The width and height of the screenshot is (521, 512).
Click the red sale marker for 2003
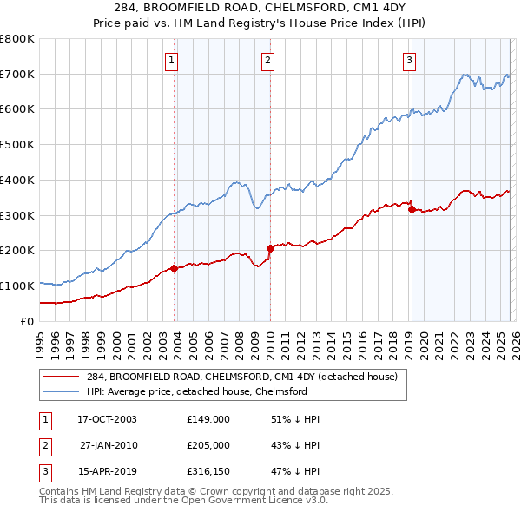point(175,268)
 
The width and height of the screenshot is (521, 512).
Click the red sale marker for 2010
point(270,248)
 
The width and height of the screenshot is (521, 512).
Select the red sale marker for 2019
point(411,208)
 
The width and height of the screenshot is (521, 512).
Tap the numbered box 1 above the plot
point(172,60)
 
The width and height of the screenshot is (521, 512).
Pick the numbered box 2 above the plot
point(267,60)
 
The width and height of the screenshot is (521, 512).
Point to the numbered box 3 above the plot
point(408,60)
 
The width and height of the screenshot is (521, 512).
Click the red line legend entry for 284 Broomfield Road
point(241,377)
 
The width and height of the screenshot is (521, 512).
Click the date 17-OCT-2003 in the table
point(107,418)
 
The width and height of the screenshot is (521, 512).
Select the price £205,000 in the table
point(208,445)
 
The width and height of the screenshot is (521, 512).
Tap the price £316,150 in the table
point(208,473)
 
